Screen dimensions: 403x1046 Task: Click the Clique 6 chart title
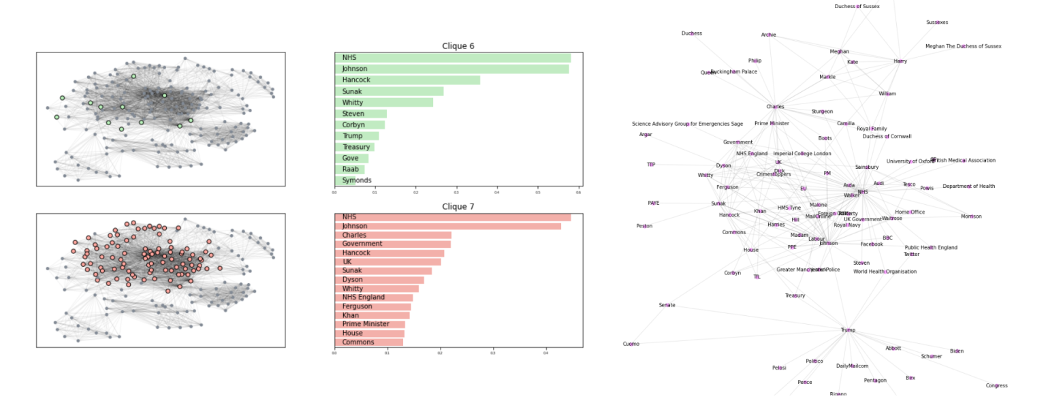(x=458, y=46)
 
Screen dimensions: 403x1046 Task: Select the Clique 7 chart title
(x=458, y=206)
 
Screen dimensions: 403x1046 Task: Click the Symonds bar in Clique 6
(x=345, y=180)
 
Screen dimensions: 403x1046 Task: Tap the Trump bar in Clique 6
(x=356, y=136)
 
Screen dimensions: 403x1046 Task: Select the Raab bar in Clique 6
(x=349, y=170)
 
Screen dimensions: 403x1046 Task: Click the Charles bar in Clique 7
(x=392, y=235)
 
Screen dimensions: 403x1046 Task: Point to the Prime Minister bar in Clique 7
(x=369, y=325)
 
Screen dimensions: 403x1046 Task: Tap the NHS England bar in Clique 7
(x=373, y=297)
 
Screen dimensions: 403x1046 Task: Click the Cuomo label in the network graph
(x=631, y=344)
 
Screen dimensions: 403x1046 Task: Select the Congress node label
(x=996, y=386)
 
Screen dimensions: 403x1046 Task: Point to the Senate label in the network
(x=667, y=305)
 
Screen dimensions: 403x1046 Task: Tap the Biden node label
(x=957, y=351)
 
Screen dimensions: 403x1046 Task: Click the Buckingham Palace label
(x=733, y=71)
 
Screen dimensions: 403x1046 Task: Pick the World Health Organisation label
(x=885, y=272)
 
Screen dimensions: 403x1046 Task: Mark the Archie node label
(x=768, y=35)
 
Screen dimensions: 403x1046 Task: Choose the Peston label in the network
(x=644, y=226)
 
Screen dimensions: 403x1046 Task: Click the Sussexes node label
(x=937, y=22)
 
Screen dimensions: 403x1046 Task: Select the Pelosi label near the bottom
(x=779, y=368)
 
